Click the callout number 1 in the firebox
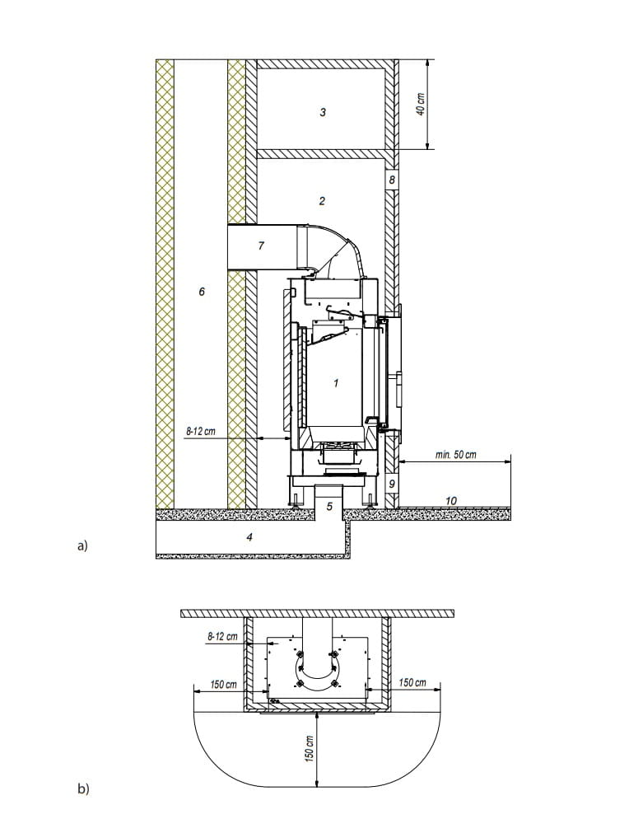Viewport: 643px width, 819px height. (336, 383)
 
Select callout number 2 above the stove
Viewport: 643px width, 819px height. (322, 201)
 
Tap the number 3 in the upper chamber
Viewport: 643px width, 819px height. (323, 112)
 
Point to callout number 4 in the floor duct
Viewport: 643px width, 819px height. (249, 536)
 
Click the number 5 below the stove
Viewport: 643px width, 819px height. (329, 506)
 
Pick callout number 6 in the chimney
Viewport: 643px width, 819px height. (202, 292)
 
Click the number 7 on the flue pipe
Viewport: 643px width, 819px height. (262, 245)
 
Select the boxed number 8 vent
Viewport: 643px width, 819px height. (392, 180)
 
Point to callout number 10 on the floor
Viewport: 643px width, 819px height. (451, 501)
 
